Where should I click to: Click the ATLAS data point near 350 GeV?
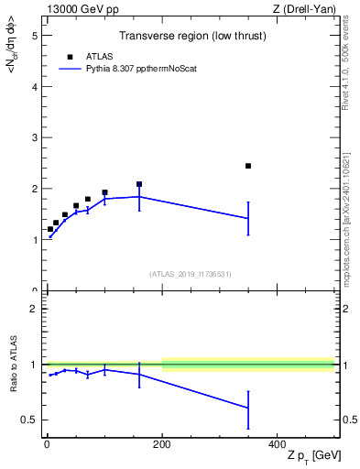(248, 166)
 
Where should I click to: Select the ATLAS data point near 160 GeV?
(139, 184)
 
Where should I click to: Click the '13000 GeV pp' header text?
(76, 9)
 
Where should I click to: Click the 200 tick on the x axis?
(162, 444)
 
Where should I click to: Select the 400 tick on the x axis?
(277, 444)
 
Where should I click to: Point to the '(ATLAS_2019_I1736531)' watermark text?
(190, 274)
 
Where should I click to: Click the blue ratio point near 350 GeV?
(248, 408)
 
